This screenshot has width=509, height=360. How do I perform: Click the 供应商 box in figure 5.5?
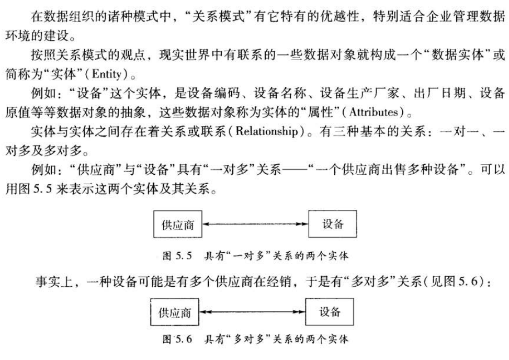(176, 225)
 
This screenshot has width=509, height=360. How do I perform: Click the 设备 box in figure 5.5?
(332, 224)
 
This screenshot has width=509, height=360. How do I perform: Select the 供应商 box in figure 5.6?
(175, 313)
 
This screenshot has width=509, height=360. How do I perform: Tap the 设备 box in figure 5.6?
(330, 312)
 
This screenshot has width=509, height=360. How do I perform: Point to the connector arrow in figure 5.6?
(252, 313)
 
